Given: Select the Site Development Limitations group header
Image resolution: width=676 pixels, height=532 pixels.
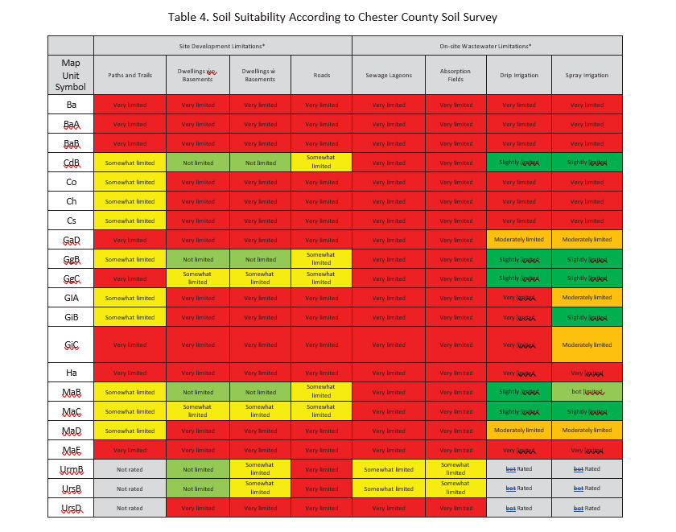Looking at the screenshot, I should [x=222, y=46].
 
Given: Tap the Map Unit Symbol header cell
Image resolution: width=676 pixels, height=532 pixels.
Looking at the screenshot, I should [x=71, y=75].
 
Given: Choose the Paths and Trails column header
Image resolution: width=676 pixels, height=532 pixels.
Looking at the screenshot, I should [x=130, y=75].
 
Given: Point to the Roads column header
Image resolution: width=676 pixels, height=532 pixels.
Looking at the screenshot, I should [x=321, y=75].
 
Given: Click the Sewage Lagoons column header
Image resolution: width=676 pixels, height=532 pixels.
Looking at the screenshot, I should [x=389, y=75].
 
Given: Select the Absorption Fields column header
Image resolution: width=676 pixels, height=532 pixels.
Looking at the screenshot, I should [x=455, y=75].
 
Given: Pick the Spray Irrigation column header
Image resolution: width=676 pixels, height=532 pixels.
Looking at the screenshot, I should [x=587, y=75].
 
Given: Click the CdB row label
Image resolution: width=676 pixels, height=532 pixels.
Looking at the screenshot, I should [x=71, y=163].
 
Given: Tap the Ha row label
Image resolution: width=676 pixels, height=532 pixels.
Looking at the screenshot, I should [x=71, y=373].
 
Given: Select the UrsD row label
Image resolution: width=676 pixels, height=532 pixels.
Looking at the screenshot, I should [x=71, y=508].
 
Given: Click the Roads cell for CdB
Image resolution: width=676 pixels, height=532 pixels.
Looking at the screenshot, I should [x=321, y=163].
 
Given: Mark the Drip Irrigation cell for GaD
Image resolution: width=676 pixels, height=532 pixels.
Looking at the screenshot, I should [x=519, y=240].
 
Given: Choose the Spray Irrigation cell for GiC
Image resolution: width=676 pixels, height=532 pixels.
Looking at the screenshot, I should [x=587, y=344].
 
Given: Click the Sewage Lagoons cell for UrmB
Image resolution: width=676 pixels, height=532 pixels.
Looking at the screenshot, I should [x=389, y=469].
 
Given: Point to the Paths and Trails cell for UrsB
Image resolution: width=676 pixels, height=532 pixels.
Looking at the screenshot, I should [x=130, y=489].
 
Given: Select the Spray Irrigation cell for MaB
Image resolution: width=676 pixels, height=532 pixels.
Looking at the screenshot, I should [x=587, y=392].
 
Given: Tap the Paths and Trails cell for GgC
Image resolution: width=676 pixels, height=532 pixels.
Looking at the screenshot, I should [x=130, y=278].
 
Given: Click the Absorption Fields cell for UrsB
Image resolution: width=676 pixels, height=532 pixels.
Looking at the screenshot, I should [x=455, y=489].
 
